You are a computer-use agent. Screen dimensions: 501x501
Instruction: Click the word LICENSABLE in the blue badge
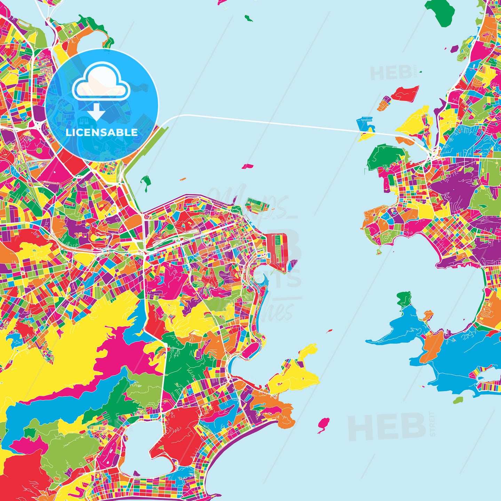click(102, 133)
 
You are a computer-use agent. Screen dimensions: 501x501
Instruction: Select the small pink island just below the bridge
click(247, 166)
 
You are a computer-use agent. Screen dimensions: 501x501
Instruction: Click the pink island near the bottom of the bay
click(323, 424)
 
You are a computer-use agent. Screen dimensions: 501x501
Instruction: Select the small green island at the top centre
click(248, 18)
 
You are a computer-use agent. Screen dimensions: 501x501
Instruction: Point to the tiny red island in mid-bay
click(329, 331)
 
